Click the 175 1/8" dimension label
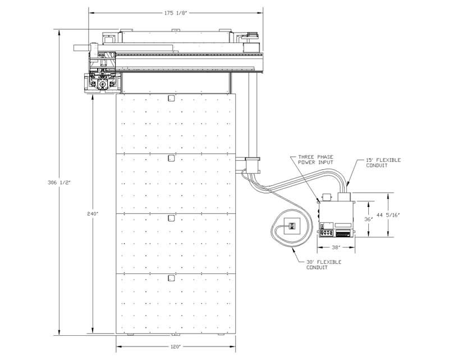click(x=175, y=13)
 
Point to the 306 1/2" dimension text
click(x=59, y=183)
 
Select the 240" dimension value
click(x=93, y=214)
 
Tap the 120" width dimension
click(x=175, y=347)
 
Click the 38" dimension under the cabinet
click(x=336, y=247)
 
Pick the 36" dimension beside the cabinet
click(x=368, y=219)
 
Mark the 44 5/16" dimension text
click(x=388, y=215)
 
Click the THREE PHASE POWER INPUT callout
click(x=315, y=160)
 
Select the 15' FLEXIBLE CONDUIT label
click(x=383, y=163)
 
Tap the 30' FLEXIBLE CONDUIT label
click(x=324, y=265)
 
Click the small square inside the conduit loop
click(x=292, y=226)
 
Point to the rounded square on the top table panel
click(x=171, y=98)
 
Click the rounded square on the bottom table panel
click(x=171, y=278)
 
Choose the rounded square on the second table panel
click(x=171, y=158)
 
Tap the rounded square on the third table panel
click(x=171, y=218)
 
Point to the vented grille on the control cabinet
click(x=343, y=234)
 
